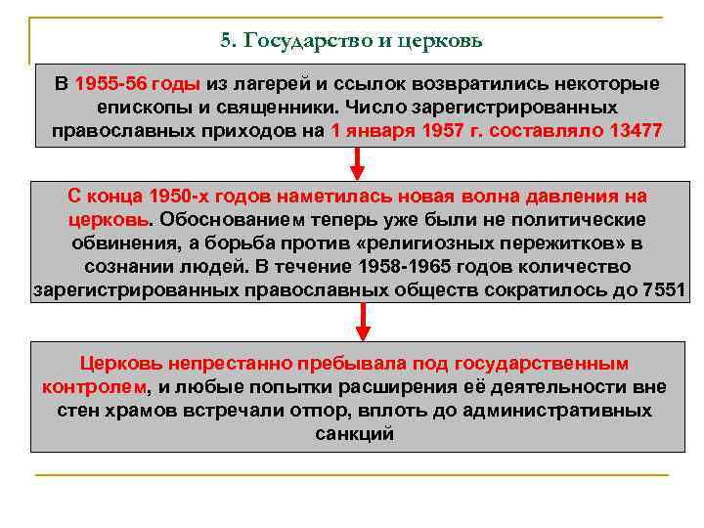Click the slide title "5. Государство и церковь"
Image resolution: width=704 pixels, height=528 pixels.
click(x=351, y=41)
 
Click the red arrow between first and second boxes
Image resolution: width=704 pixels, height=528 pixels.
click(x=359, y=162)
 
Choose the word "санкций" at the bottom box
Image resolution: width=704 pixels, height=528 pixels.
click(x=355, y=433)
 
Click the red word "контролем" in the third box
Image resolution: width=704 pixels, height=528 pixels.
click(x=93, y=386)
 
